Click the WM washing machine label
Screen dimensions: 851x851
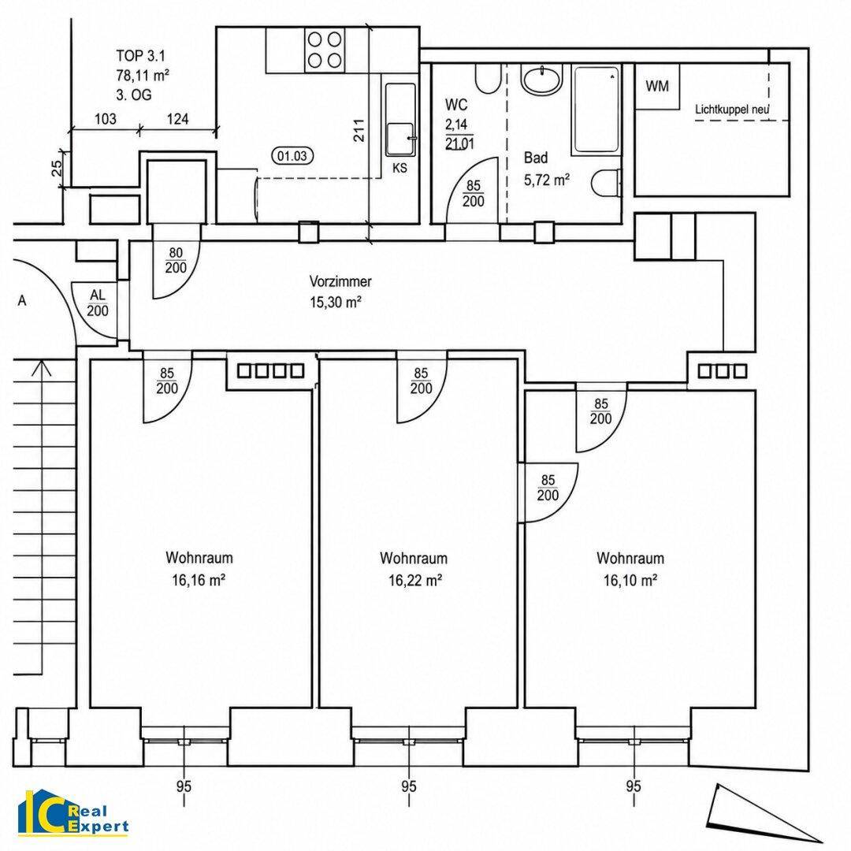tap(657, 87)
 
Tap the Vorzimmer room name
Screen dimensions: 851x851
tap(340, 281)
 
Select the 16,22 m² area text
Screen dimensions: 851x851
tap(415, 581)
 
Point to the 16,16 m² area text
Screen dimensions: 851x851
tap(199, 580)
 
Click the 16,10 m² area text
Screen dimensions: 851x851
tap(630, 581)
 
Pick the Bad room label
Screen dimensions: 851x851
tap(536, 158)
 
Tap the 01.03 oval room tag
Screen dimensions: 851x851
tap(292, 156)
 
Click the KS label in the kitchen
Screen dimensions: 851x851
tap(399, 168)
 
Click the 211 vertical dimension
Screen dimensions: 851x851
tap(359, 130)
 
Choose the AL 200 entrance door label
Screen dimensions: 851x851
tap(98, 303)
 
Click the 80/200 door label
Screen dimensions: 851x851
tap(176, 260)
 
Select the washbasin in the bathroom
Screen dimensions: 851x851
tap(541, 80)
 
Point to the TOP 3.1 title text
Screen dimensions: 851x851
tap(140, 55)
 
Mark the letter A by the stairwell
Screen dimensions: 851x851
tap(22, 300)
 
